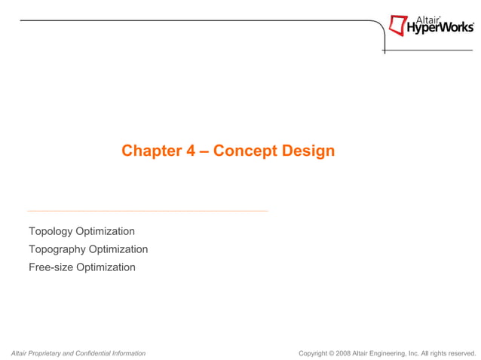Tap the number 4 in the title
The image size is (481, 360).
pos(190,151)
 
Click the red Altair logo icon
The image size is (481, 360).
pos(397,26)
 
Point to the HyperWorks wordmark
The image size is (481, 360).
pos(441,29)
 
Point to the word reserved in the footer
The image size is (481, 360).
pos(461,352)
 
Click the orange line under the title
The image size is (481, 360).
pos(148,211)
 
